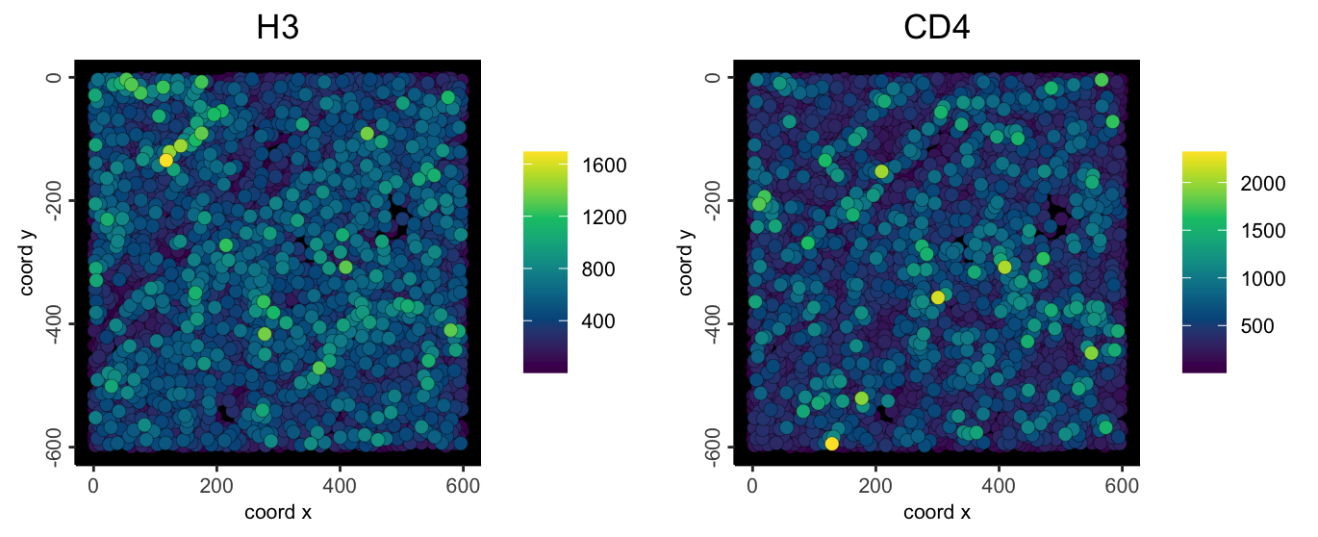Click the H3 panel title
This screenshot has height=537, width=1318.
(x=278, y=29)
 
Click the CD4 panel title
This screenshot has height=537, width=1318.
(x=936, y=29)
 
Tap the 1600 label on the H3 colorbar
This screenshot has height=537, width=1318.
(x=605, y=166)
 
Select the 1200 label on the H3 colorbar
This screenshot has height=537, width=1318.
(x=605, y=217)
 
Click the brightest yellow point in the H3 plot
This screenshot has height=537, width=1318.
(x=165, y=160)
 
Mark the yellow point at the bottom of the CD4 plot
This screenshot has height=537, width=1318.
(x=831, y=444)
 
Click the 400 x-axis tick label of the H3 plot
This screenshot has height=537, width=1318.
(x=340, y=488)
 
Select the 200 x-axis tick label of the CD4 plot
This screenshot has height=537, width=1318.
(x=874, y=488)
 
